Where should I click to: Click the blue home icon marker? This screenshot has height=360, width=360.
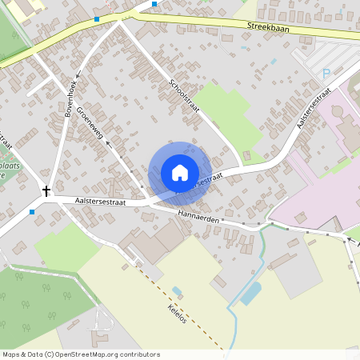point(180,173)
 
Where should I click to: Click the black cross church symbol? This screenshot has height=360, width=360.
point(46,192)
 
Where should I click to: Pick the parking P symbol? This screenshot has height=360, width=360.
point(326,73)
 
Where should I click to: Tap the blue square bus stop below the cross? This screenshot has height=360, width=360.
point(32,212)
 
